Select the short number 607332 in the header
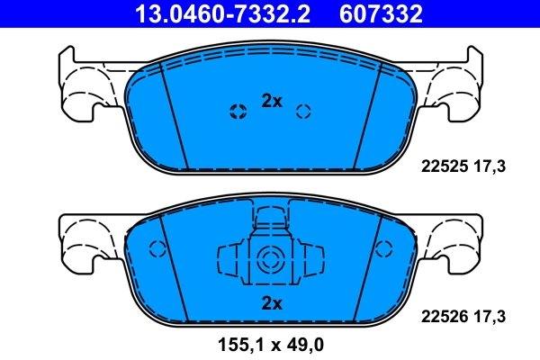(x=380, y=13)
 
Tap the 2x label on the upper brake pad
(x=272, y=102)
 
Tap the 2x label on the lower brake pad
(x=272, y=304)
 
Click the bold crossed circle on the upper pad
(x=238, y=112)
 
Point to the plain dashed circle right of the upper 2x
(x=303, y=112)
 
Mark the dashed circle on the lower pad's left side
(x=157, y=250)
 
